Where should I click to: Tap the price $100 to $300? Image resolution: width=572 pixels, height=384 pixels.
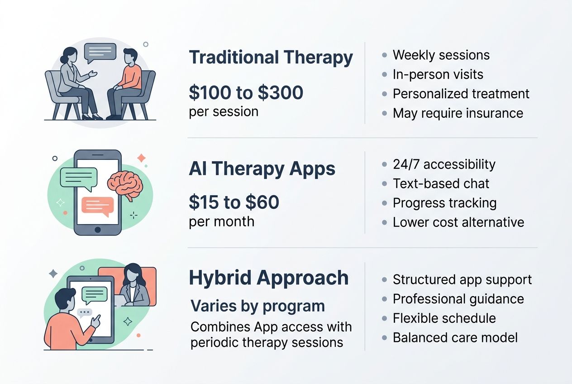[246, 93]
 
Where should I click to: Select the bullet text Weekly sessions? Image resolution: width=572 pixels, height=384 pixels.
[441, 55]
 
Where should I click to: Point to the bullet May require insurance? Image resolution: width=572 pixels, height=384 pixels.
[458, 113]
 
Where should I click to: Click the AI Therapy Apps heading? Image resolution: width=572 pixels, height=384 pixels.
[262, 169]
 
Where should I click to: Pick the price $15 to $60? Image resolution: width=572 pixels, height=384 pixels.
[234, 202]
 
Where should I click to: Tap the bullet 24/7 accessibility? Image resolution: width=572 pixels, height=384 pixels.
[443, 164]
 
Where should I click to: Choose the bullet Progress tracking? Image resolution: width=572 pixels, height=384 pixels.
[444, 203]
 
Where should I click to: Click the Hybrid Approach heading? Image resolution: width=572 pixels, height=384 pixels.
[268, 278]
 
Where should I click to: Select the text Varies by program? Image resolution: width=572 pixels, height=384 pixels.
[257, 306]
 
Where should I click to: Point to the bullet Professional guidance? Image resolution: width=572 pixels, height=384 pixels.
[458, 299]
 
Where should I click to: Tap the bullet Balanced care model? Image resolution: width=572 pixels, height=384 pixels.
[455, 338]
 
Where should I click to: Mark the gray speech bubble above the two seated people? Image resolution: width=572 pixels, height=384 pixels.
[100, 53]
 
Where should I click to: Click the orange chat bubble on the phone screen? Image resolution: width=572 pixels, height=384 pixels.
[97, 206]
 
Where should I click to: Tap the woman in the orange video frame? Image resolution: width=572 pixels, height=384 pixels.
[134, 285]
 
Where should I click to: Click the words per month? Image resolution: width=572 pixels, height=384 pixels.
[221, 221]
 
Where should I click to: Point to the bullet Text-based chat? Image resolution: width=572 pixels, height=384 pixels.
[441, 183]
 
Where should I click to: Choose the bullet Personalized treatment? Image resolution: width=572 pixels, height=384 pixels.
[461, 94]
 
